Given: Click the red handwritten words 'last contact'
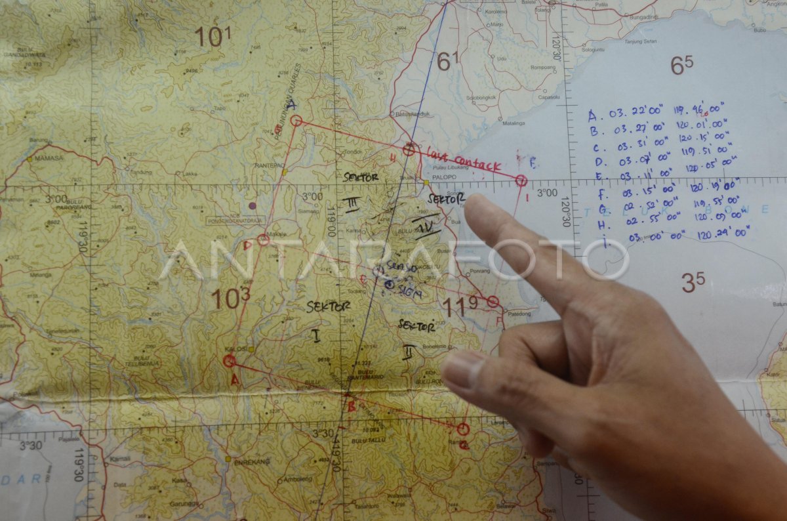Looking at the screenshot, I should [x=464, y=160].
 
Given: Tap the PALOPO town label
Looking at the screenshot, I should [x=444, y=177].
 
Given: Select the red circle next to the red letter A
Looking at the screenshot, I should [x=229, y=361].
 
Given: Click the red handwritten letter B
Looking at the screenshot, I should [x=351, y=406].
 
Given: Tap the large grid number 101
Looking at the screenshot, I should [x=212, y=37].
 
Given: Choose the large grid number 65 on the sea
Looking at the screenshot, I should [x=681, y=65].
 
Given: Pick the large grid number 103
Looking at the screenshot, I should [x=230, y=299].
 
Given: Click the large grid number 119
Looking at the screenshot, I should [x=459, y=306].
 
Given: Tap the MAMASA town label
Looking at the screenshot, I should [x=49, y=158].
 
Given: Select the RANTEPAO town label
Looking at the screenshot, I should [x=270, y=165].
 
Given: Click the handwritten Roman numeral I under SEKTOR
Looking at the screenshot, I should [x=316, y=336].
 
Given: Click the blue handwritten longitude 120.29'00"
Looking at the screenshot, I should [x=723, y=233].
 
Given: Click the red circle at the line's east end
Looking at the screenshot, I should [x=521, y=180].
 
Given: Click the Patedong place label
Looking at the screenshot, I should [x=518, y=314].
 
